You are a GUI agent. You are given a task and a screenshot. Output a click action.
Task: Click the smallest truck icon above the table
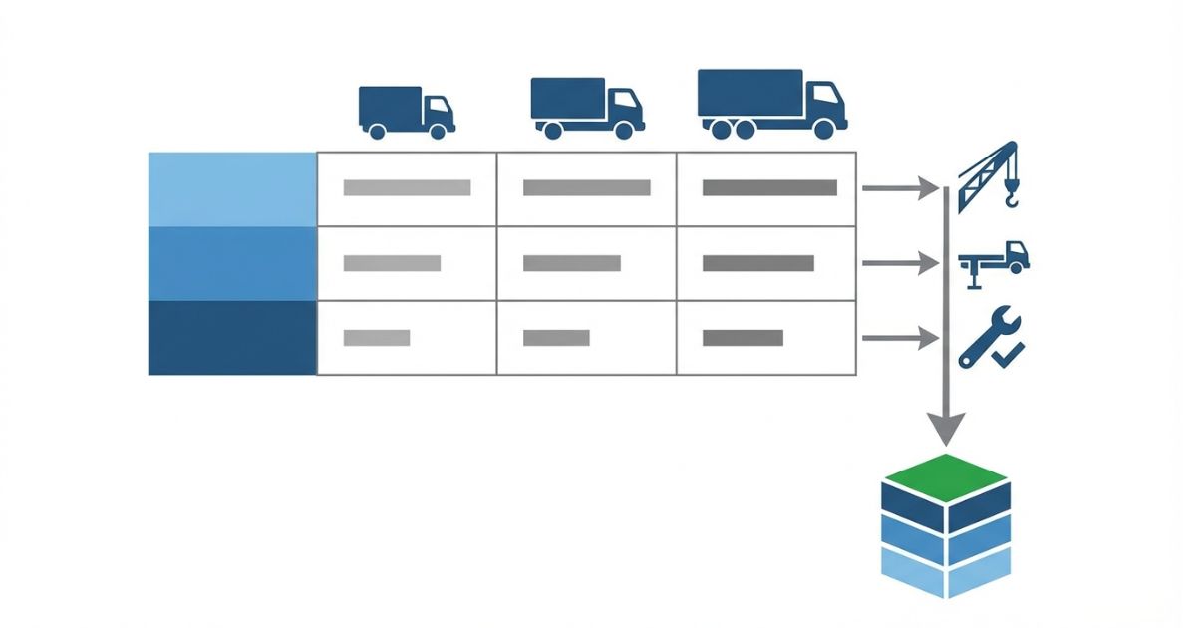tap(406, 111)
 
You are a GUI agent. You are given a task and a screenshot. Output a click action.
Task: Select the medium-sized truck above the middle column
tap(586, 107)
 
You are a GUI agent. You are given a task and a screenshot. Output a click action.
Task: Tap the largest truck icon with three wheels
tap(771, 103)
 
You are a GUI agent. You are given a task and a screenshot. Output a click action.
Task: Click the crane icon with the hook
tap(989, 176)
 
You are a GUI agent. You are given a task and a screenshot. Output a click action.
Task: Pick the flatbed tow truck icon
tap(994, 262)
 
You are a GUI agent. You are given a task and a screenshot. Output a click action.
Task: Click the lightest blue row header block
tap(232, 189)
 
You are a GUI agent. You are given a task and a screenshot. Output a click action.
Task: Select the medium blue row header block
tap(232, 264)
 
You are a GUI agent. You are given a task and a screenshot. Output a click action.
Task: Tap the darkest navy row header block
tap(232, 338)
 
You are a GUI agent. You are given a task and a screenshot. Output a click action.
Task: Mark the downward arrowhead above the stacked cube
tap(946, 430)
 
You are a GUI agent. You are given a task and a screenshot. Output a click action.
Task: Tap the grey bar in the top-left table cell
tap(407, 187)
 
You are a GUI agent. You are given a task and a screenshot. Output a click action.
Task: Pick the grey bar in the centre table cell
tap(572, 263)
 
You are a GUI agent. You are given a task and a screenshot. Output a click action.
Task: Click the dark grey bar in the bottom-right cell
tap(743, 338)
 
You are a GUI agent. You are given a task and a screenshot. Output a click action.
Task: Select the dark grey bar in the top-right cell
tap(769, 187)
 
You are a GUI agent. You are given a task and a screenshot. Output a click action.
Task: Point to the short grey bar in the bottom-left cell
tap(377, 338)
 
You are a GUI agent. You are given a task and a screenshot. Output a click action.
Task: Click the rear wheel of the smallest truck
tap(377, 130)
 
